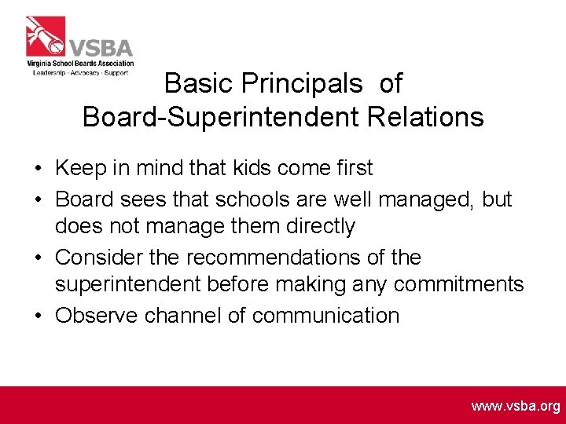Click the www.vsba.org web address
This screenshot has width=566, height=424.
[x=516, y=406]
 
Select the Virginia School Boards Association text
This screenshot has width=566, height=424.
[x=79, y=64]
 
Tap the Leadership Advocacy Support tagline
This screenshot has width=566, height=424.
[x=81, y=72]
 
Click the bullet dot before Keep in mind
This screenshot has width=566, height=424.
[x=38, y=169]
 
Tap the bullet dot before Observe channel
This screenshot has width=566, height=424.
[x=38, y=316]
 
